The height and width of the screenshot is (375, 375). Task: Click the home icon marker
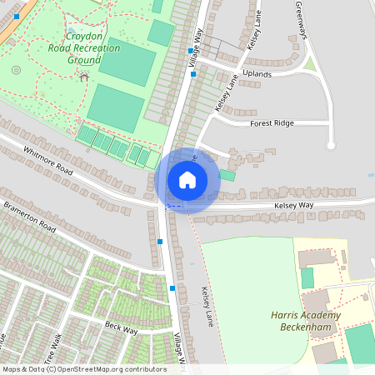[x=187, y=179]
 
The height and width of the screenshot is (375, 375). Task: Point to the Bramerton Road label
[x=28, y=216]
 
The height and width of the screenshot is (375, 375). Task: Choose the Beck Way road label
[x=121, y=328]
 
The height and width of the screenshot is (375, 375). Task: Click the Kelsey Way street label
[x=296, y=206]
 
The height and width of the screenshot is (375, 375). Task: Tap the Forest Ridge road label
[x=272, y=123]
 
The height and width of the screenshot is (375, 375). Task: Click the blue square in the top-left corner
[x=17, y=17]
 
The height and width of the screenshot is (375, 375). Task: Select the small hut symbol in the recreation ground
[x=84, y=77]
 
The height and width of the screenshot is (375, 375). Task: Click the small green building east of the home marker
[x=227, y=175]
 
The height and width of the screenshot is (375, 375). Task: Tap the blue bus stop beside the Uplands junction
[x=192, y=74]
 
